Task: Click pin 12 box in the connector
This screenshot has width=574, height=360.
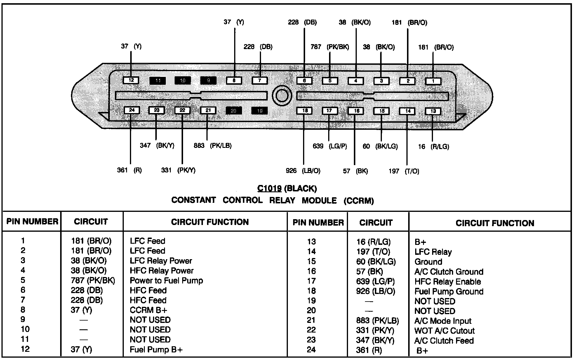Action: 131,80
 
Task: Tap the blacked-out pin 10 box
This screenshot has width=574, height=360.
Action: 183,80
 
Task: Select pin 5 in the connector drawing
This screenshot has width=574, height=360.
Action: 330,81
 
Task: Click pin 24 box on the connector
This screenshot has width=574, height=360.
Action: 132,110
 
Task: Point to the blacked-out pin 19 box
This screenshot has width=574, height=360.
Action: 260,111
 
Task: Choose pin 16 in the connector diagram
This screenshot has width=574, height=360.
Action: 356,111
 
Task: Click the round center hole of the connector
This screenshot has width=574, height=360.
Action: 282,95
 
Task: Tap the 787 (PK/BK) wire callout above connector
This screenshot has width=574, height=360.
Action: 330,47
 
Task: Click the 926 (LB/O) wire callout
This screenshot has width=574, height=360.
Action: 303,171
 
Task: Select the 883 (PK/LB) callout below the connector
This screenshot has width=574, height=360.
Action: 213,146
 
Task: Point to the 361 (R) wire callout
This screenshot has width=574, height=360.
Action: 129,170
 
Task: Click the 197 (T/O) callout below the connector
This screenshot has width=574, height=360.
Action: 404,171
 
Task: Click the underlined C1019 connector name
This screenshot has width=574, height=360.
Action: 269,188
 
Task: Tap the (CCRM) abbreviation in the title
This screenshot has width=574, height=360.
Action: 359,201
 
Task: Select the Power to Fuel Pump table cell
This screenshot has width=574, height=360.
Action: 166,281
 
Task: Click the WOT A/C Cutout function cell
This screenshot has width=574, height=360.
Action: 444,331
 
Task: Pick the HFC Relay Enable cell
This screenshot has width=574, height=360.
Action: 448,282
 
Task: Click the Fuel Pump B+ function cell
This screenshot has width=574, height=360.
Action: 156,349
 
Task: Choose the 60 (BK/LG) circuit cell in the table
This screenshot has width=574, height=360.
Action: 376,262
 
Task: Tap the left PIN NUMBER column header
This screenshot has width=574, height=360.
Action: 32,221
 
